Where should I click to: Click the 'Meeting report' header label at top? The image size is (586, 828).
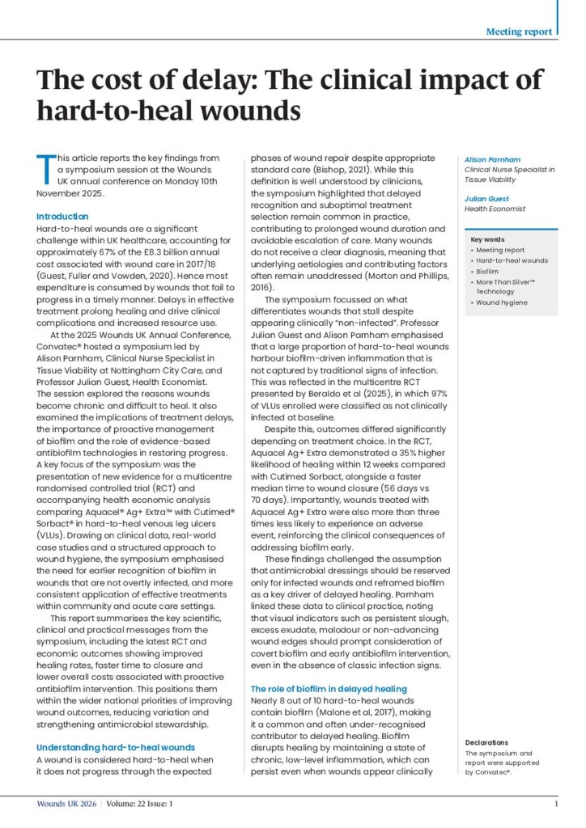point(519,32)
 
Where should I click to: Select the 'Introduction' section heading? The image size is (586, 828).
point(63,217)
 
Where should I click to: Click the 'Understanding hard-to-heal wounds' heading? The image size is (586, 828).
point(116,746)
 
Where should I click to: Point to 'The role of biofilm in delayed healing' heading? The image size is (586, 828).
point(329,688)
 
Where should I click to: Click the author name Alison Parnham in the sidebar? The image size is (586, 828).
point(492,158)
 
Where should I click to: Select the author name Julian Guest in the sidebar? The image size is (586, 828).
point(486,197)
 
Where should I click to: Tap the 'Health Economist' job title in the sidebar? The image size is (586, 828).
point(495,209)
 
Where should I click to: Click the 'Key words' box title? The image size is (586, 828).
point(487,239)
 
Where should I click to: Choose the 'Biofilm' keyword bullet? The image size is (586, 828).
point(488,271)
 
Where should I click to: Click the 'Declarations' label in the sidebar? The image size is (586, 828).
point(486,741)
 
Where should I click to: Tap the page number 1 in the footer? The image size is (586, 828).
point(556,804)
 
